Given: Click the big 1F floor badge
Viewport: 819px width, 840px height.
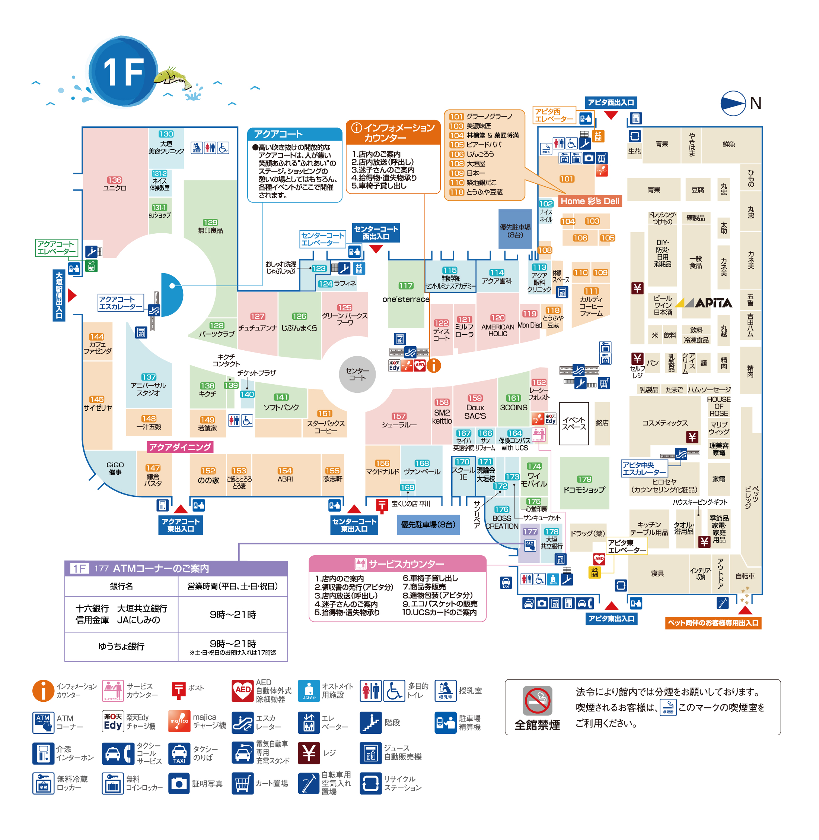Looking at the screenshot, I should click(124, 72).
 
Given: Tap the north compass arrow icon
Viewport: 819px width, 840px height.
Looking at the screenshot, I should click(733, 103).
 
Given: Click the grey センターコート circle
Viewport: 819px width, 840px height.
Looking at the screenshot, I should click(357, 374).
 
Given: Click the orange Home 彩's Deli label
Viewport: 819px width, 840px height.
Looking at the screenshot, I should click(590, 201).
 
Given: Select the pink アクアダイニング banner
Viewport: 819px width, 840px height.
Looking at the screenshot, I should click(180, 447).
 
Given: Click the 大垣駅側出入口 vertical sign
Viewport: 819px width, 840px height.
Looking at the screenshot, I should click(59, 296).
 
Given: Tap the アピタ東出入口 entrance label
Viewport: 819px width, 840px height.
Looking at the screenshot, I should click(611, 619).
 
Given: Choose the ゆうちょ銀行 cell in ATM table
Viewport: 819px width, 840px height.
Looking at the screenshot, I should click(121, 646).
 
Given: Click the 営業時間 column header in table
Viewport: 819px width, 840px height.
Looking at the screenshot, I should click(232, 586).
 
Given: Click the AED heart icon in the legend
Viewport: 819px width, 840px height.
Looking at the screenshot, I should click(243, 691).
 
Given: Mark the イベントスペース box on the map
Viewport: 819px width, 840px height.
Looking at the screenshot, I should click(574, 423).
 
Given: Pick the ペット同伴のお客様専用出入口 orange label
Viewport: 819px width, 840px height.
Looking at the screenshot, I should click(713, 623).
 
